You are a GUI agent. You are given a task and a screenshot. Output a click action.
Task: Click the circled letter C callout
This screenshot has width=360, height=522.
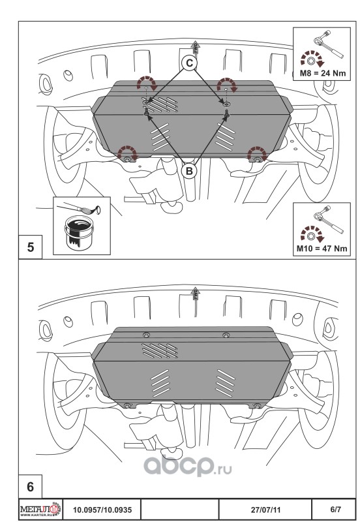tap(189, 63)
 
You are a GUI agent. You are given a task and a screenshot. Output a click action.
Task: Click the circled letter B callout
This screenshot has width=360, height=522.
tap(189, 171)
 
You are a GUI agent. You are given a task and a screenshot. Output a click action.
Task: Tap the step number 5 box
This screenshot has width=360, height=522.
tap(30, 247)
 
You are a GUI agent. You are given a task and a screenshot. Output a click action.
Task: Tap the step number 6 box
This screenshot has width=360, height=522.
tap(30, 487)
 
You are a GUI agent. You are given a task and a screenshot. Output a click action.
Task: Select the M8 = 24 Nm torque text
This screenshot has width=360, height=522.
tap(323, 73)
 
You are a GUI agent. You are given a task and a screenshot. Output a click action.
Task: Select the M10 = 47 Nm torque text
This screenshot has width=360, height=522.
tap(322, 249)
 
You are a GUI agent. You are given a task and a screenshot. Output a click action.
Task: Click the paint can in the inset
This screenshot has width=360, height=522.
tap(78, 233)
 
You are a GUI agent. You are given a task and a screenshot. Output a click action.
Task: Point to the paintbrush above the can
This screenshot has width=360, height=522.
tap(80, 209)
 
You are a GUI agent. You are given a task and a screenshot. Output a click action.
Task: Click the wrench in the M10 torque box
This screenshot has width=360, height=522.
tap(328, 219)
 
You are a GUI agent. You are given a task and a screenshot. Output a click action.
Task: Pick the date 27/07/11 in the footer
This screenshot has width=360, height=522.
tap(265, 510)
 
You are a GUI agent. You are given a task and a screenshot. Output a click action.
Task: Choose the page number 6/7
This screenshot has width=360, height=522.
tap(335, 510)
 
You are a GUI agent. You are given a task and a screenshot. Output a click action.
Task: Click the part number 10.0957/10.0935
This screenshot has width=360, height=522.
tap(102, 510)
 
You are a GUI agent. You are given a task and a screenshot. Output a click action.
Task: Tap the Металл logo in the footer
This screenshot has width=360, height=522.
tap(40, 510)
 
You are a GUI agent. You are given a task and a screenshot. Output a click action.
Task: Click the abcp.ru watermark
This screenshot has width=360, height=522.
tap(187, 465)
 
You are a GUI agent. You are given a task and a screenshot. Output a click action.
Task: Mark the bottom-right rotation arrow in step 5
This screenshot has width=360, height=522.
tap(258, 152)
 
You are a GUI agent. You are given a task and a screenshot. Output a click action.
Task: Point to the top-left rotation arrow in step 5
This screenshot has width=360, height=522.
tap(147, 82)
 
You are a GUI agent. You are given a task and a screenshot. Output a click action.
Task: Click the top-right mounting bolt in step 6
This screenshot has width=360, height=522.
tap(226, 335)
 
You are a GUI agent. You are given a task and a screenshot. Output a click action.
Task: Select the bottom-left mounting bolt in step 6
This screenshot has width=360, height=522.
tap(127, 405)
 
